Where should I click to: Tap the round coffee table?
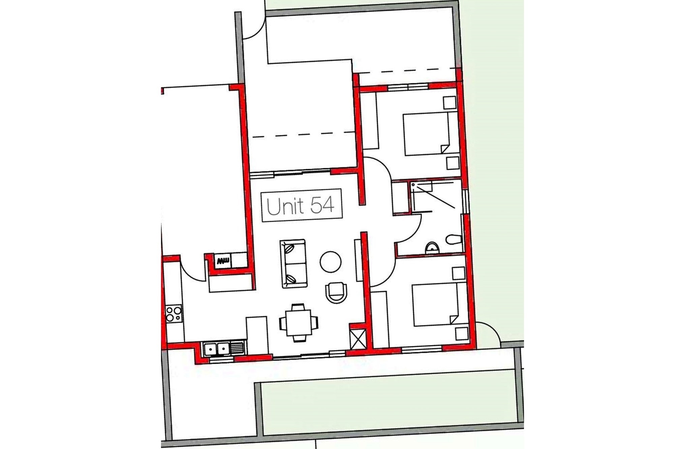(x=330, y=262)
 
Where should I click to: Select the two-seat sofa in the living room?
(x=293, y=264)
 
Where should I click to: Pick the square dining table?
(x=299, y=322)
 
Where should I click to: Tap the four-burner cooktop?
(x=174, y=313)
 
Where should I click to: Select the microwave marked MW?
(x=223, y=261)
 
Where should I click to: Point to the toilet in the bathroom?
(x=454, y=240)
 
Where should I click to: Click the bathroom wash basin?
(x=432, y=248)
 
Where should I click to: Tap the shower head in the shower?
(x=413, y=185)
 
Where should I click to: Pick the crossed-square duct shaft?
(x=358, y=339)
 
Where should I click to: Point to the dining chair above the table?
(x=298, y=307)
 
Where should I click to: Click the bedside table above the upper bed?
(x=450, y=103)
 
